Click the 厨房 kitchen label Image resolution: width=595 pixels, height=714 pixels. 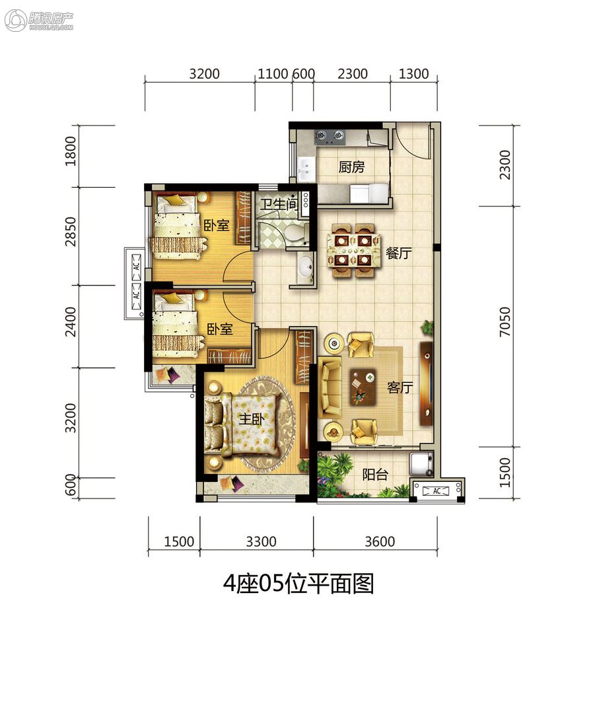pos(351,167)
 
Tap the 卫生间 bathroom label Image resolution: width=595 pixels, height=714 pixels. pos(279,204)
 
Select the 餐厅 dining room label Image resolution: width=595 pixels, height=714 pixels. pos(398,253)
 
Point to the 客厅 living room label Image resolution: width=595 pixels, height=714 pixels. pos(400,387)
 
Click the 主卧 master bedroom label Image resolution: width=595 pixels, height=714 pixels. pos(252,418)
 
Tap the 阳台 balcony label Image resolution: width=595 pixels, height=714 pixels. pos(375,475)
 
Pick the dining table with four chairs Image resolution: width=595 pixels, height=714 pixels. pos(353,250)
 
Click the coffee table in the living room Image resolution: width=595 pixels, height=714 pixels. pos(363,387)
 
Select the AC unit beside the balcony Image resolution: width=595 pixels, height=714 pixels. pos(437,491)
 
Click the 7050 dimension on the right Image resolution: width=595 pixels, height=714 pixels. pos(505,321)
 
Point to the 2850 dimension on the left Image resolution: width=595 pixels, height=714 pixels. pos(71,231)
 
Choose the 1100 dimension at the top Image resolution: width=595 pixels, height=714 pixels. pos(273,74)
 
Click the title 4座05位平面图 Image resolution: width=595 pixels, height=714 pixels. pos(298,583)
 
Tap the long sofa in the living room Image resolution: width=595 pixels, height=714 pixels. pos(330,387)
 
